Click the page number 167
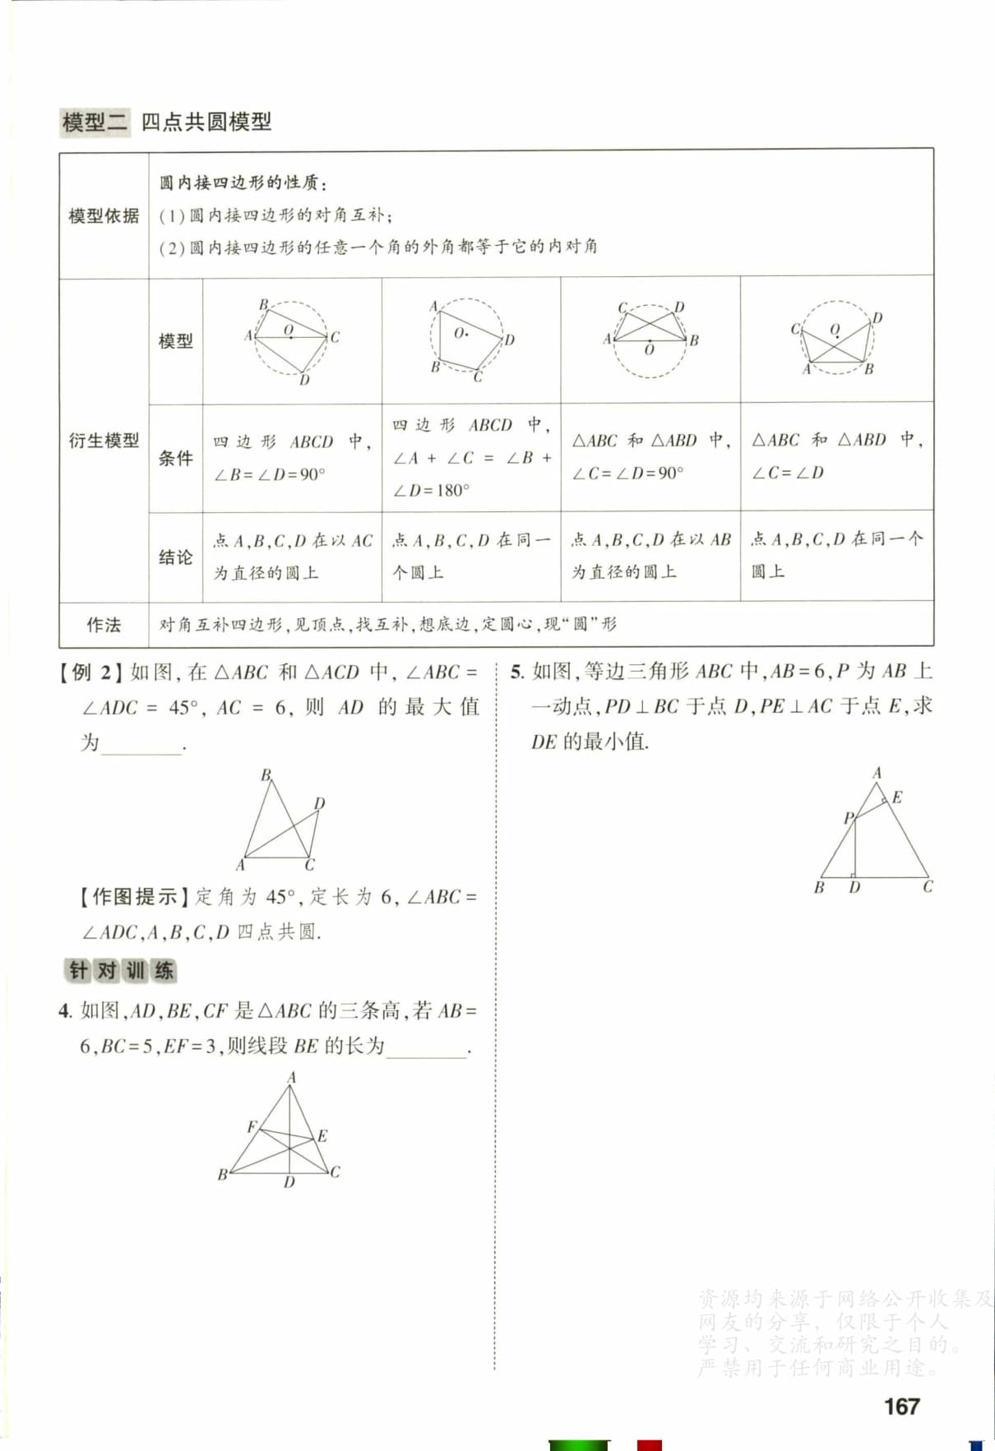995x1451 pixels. [x=901, y=1407]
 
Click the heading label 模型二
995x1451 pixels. [x=95, y=122]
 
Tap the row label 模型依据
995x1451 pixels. [x=104, y=216]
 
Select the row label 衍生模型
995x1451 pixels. [x=104, y=441]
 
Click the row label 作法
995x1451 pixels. [x=104, y=625]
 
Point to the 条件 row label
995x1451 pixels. [x=175, y=458]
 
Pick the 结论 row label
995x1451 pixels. [x=175, y=557]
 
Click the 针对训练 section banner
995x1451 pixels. [x=121, y=971]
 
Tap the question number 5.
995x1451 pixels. [x=516, y=672]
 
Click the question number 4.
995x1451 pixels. [x=65, y=1011]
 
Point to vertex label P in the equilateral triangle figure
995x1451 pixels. [x=848, y=818]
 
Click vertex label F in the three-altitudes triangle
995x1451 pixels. [x=252, y=1126]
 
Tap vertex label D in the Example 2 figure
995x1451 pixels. [x=319, y=803]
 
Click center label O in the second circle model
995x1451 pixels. [x=459, y=333]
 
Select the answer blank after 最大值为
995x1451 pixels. [x=141, y=746]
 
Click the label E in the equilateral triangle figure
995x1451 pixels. [x=897, y=797]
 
